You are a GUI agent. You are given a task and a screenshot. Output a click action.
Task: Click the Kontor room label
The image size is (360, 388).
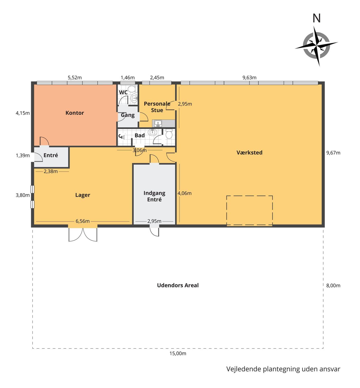[75, 113]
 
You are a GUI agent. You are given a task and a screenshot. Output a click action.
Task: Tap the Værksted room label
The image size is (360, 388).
[249, 153]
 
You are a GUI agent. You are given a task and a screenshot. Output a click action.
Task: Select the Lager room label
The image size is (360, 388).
[83, 195]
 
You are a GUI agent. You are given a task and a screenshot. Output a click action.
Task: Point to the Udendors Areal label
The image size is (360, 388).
[178, 286]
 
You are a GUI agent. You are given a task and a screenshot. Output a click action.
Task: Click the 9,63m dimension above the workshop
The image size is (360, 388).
[249, 77]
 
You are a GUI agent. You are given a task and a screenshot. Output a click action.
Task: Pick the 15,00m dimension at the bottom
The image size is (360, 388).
[178, 353]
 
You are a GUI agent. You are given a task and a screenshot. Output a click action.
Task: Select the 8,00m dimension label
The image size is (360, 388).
[333, 286]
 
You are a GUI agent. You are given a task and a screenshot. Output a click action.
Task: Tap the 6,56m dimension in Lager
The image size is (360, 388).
[83, 221]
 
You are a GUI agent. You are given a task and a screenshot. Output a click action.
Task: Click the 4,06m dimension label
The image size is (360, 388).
[184, 193]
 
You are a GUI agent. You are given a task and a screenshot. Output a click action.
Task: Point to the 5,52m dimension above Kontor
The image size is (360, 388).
[75, 77]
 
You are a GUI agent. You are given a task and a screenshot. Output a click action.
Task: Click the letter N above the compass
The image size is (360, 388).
[317, 18]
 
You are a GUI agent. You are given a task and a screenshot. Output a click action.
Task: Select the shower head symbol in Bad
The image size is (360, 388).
[122, 137]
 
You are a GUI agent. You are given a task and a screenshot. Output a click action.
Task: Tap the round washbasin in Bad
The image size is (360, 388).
[152, 132]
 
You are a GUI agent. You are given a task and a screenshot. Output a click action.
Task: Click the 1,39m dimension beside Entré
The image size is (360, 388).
[23, 156]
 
